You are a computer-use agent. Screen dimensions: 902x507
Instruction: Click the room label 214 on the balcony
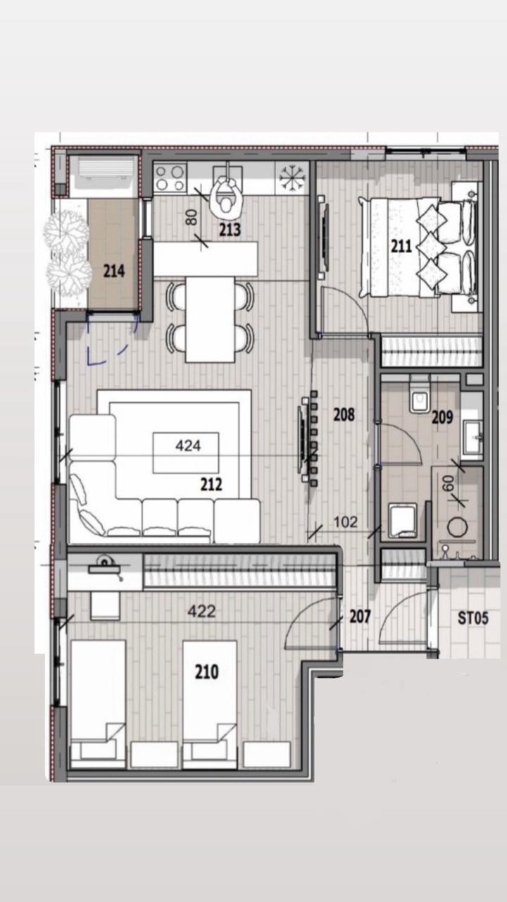tap(113, 271)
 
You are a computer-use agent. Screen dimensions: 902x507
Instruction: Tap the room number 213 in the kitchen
tap(230, 229)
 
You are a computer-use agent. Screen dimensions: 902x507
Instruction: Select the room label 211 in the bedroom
tap(401, 247)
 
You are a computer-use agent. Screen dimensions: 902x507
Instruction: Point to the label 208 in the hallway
tap(344, 415)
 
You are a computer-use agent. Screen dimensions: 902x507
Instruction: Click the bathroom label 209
tap(442, 417)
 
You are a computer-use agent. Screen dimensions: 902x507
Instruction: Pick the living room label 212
tap(211, 484)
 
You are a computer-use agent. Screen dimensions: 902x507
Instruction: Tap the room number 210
tap(206, 672)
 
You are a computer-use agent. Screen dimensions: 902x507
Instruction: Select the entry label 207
tap(360, 617)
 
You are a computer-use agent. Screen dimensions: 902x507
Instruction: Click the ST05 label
tap(472, 619)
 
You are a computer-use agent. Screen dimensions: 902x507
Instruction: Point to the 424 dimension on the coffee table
tap(187, 445)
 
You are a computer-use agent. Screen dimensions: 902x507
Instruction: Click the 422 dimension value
tap(201, 612)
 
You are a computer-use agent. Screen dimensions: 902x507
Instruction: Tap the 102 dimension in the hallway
tap(346, 522)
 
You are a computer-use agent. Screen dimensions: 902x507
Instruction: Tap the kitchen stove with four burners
tap(170, 178)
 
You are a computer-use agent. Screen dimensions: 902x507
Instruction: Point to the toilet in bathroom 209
tap(420, 398)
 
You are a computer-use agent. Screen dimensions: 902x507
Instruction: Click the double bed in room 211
tap(419, 247)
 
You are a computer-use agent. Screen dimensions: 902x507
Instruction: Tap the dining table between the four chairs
tap(211, 319)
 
